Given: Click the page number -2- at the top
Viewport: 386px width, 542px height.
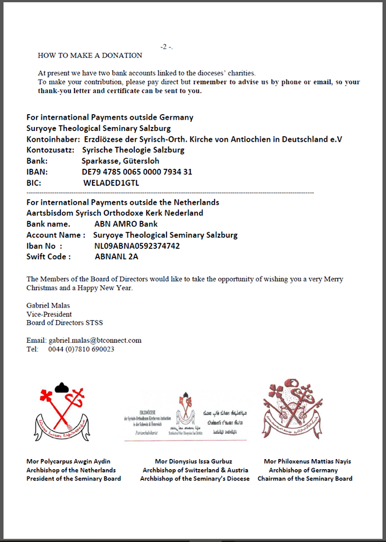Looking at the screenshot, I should click(x=166, y=47).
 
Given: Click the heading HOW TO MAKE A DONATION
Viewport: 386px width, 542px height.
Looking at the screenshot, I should click(x=90, y=55).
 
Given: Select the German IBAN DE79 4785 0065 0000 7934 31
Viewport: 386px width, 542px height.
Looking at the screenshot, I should click(x=137, y=172).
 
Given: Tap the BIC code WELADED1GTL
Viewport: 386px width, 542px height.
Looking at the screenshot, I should click(x=111, y=183).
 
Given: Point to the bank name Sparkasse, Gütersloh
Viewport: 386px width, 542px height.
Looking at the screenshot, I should click(x=122, y=161).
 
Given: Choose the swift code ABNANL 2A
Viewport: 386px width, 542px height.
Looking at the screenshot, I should click(x=116, y=256).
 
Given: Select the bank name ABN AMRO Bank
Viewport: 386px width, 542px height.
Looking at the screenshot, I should click(x=126, y=224).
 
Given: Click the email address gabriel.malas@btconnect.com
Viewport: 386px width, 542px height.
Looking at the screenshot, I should click(x=95, y=340).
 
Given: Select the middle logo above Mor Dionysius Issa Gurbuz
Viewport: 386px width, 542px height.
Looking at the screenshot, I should click(x=185, y=416).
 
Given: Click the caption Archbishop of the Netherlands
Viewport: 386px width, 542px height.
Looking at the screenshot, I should click(x=71, y=470).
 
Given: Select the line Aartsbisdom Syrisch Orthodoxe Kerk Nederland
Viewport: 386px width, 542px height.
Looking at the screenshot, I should click(x=115, y=213).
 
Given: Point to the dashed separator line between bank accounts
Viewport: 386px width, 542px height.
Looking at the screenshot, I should click(x=169, y=193).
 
